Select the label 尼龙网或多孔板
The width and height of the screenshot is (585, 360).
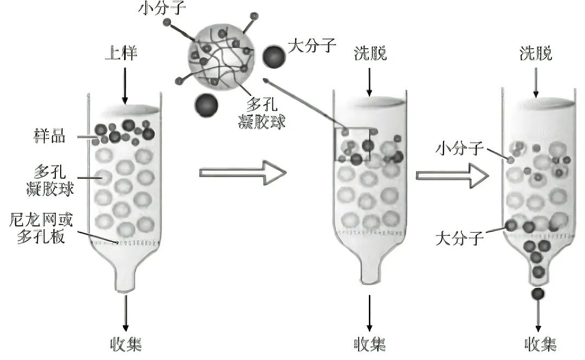(41, 228)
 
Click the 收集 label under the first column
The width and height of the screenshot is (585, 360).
(126, 344)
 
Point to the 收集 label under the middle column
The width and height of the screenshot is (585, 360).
(369, 344)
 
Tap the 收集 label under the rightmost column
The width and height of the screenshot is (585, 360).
(539, 344)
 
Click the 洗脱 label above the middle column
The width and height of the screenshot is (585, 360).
(370, 53)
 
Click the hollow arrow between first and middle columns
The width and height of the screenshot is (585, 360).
(242, 173)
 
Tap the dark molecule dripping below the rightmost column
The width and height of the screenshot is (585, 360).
(538, 293)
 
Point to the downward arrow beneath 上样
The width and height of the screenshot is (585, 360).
(125, 83)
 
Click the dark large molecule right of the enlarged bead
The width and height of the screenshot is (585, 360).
(275, 56)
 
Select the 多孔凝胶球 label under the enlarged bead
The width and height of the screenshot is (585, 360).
(263, 113)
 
